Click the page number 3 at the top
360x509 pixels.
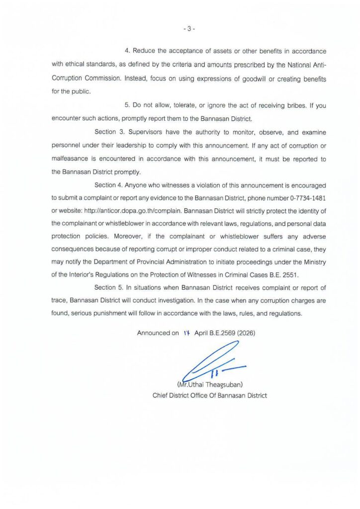[189, 29]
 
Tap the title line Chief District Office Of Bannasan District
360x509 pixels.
[209, 396]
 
